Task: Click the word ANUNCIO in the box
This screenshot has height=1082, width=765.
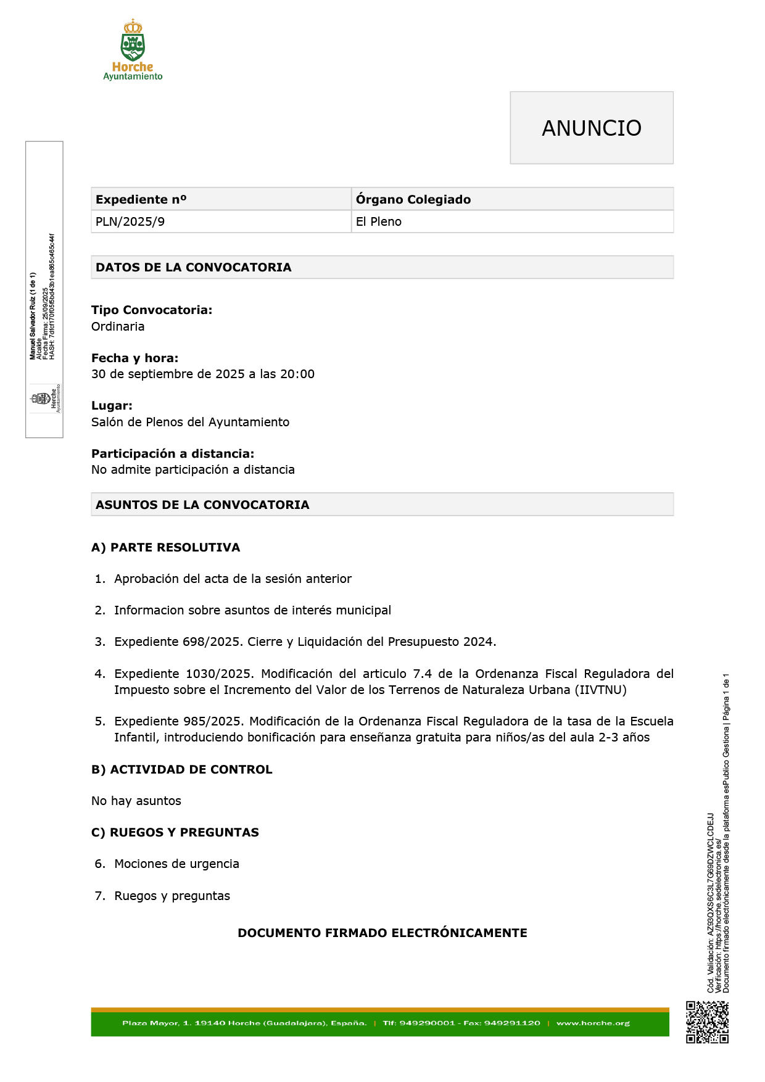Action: pos(591,128)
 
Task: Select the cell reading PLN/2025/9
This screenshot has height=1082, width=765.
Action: pos(130,222)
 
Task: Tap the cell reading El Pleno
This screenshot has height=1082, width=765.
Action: pos(378,222)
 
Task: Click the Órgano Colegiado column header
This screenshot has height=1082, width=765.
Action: pos(413,199)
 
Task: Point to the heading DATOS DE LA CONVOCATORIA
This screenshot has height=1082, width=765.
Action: pos(193,267)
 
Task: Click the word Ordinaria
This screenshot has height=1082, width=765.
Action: pos(118,326)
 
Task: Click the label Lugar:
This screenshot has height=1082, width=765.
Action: pos(112,406)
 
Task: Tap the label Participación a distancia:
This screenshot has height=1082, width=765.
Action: pos(173,453)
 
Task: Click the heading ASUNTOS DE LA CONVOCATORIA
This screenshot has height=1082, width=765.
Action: pos(202,505)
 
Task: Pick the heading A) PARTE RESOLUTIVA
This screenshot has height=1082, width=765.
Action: pos(165,547)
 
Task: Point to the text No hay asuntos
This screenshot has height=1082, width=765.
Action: pos(136,801)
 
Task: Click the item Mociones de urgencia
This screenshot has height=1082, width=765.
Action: pos(176,864)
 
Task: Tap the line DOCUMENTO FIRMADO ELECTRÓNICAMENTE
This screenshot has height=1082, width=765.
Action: pos(382,933)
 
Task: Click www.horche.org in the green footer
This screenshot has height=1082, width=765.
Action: pos(593,1023)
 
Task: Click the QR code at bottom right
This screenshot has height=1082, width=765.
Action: pos(707,1022)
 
